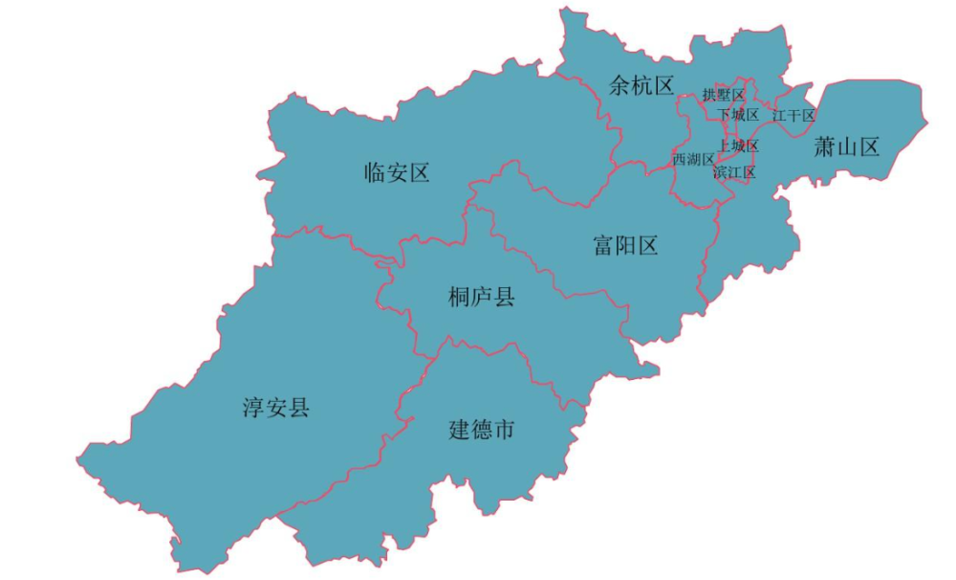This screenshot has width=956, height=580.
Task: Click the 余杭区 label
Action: (641, 86)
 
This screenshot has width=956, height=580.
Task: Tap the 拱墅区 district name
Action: (724, 95)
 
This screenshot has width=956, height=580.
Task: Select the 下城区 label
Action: (739, 115)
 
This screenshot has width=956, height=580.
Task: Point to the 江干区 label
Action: (794, 115)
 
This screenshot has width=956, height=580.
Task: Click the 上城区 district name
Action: (739, 145)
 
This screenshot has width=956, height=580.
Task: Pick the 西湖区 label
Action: (693, 159)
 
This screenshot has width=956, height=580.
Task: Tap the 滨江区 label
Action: (735, 173)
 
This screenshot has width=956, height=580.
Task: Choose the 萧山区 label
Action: (846, 147)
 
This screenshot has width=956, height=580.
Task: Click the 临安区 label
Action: (397, 173)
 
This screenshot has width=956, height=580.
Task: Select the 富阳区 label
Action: (625, 246)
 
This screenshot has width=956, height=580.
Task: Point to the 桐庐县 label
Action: (482, 297)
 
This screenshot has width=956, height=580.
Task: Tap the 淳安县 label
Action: (276, 409)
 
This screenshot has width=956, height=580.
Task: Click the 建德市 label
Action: (482, 430)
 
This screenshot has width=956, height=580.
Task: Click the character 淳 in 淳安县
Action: (253, 409)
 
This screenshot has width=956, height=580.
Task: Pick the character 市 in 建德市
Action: (504, 430)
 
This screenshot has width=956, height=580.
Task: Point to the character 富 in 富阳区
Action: (603, 246)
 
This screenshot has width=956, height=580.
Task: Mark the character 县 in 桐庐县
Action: (504, 297)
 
